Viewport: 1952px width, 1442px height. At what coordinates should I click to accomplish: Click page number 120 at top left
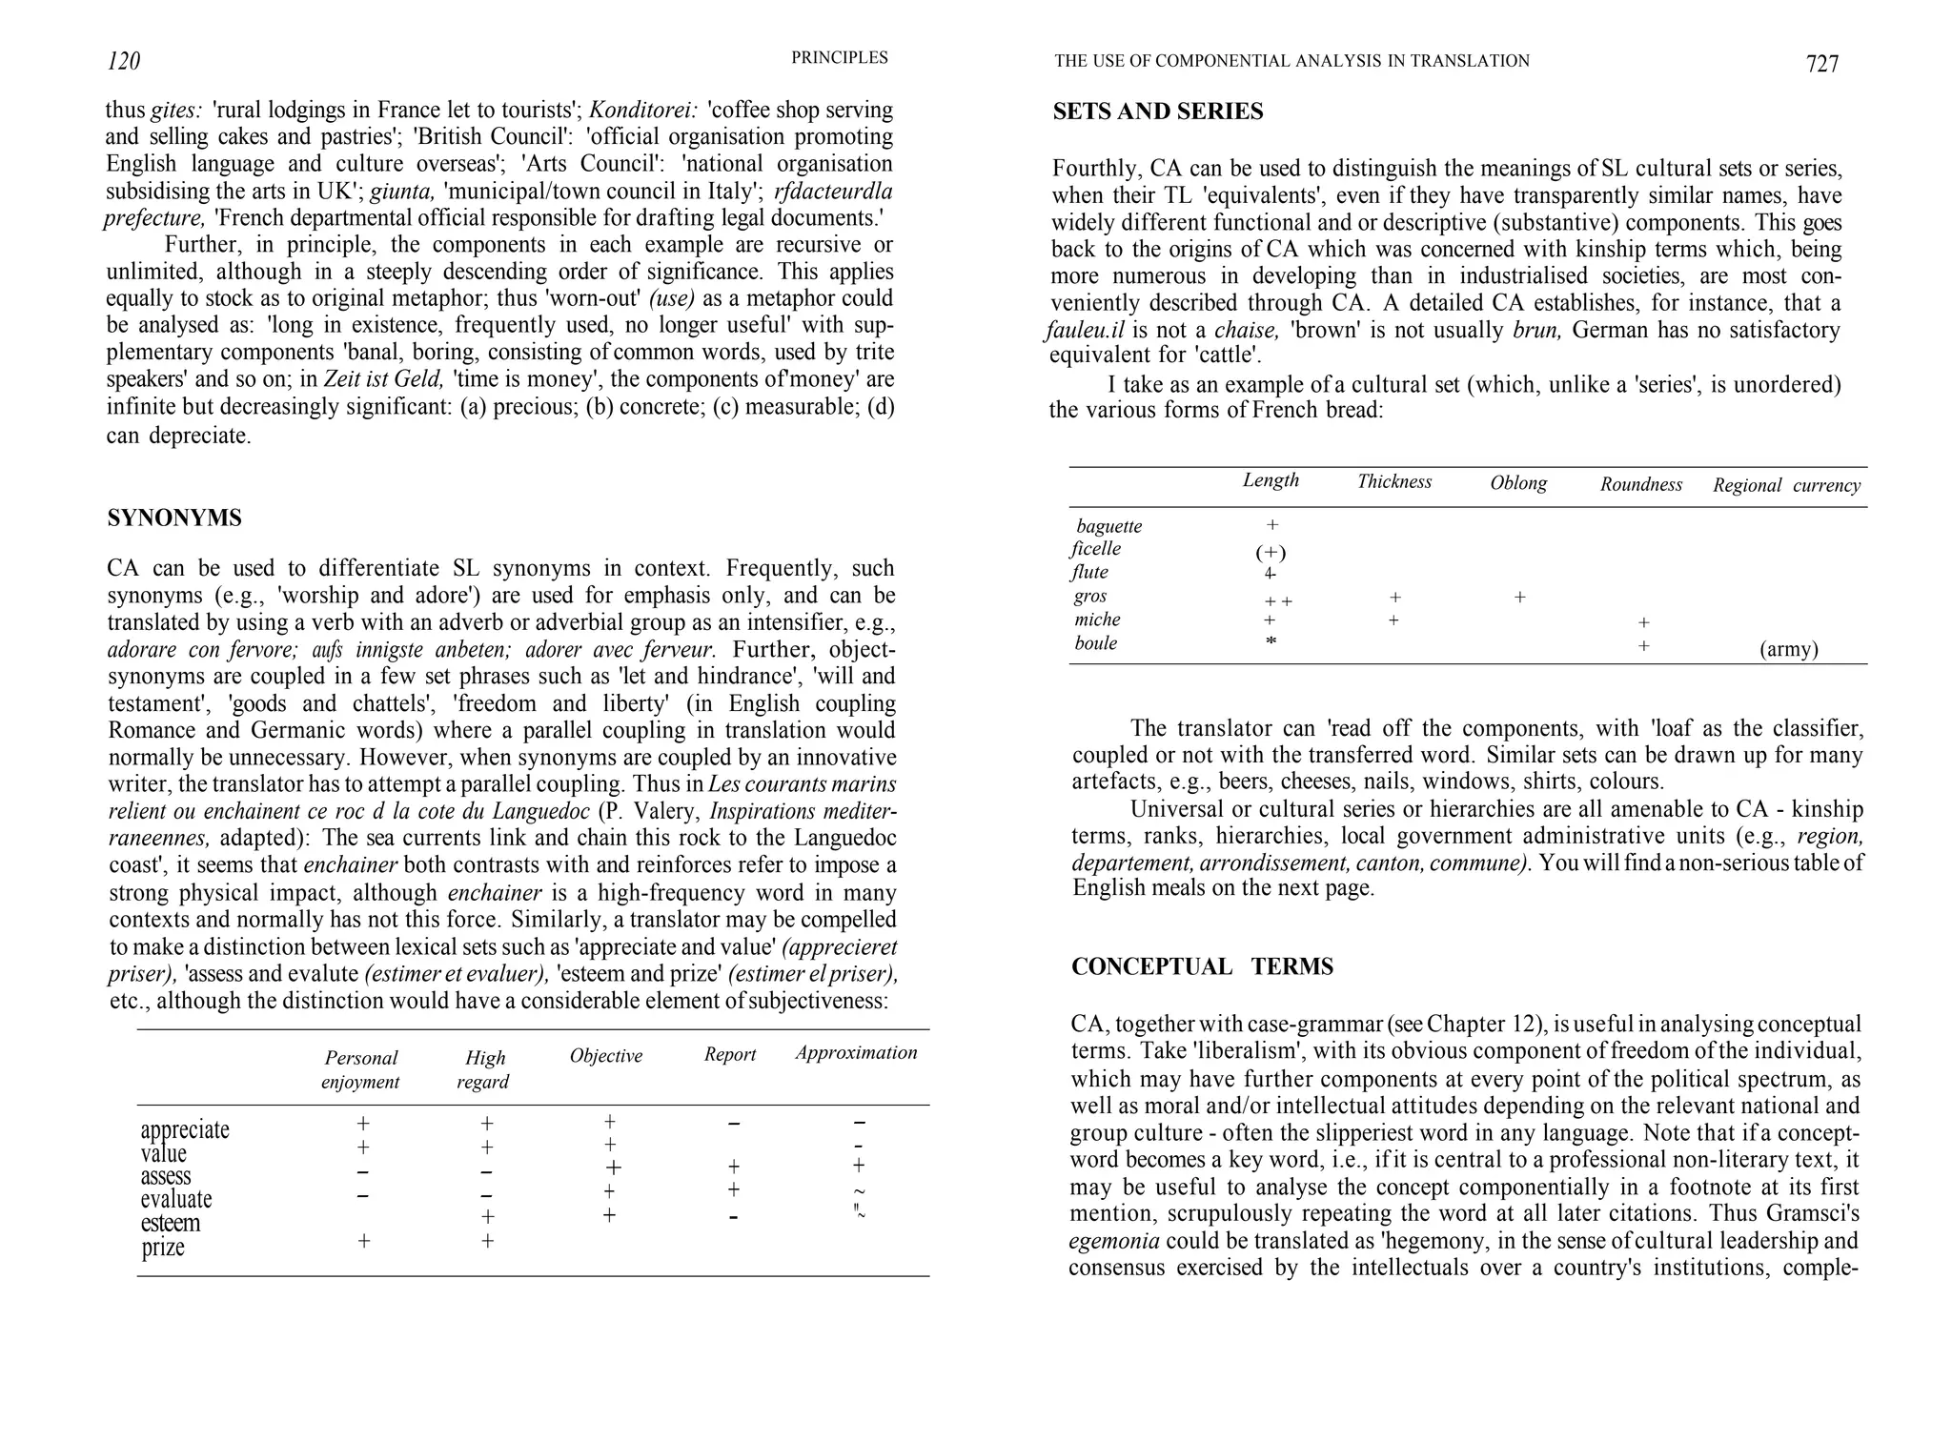click(124, 62)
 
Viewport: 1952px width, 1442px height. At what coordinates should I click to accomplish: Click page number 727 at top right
click(1821, 64)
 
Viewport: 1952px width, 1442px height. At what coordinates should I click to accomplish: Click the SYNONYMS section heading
click(174, 518)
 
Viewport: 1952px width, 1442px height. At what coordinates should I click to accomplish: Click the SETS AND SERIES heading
click(1157, 112)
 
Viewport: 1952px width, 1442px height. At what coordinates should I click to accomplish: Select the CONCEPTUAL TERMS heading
click(1202, 966)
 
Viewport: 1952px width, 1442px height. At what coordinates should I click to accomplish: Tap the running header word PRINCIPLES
click(839, 58)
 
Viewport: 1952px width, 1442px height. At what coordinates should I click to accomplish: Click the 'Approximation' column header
click(855, 1053)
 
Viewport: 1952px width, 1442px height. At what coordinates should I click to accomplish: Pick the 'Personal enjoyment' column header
click(360, 1069)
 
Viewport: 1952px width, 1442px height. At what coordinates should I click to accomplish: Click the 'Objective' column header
click(605, 1056)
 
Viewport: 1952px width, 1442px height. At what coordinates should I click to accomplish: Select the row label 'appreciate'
click(185, 1129)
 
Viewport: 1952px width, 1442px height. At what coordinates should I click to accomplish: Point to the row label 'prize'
click(163, 1247)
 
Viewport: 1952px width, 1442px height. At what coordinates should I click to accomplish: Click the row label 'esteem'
click(171, 1223)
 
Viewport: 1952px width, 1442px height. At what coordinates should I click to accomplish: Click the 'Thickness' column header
click(1393, 482)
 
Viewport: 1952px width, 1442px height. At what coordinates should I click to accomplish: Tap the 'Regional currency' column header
click(1785, 486)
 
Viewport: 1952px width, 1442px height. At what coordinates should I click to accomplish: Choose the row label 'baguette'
click(1108, 526)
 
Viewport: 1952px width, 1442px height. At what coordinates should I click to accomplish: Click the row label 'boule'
click(1095, 643)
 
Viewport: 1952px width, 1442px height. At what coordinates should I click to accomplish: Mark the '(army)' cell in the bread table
click(1788, 650)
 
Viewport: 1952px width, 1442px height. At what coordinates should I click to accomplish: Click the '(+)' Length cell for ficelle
click(1271, 553)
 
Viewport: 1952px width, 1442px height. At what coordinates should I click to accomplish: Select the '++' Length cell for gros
click(1277, 601)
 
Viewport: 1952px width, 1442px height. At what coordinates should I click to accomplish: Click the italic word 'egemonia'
click(1114, 1242)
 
